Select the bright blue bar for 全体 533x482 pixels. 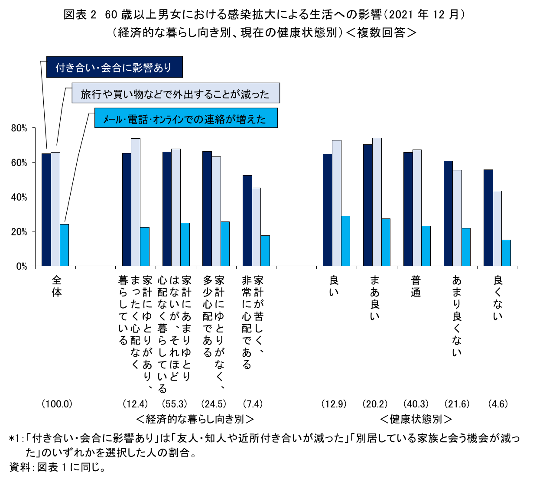[64, 245]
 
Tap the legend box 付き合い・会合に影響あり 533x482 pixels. [114, 68]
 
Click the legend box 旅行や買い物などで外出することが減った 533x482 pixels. [175, 94]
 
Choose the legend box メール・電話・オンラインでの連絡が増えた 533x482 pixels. [186, 119]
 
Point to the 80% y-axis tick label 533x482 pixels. [19, 128]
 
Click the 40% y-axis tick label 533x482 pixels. [19, 197]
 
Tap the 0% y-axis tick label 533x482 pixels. [21, 266]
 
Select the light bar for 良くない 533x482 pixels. [497, 228]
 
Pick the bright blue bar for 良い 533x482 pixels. [345, 241]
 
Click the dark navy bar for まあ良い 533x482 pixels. [367, 205]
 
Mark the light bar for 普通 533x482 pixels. [417, 208]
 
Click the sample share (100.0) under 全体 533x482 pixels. [57, 404]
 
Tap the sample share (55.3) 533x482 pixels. [175, 404]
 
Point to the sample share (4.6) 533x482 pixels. [497, 404]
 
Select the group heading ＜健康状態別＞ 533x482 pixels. [416, 419]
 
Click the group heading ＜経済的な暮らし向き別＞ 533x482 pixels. [195, 419]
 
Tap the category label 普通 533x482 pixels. [416, 287]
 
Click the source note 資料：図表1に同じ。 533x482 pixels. [57, 467]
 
